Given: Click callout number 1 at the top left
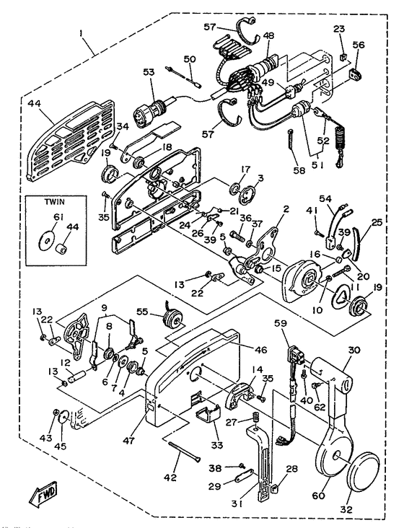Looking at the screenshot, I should pyautogui.click(x=82, y=33).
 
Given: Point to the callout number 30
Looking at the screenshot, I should pyautogui.click(x=353, y=350).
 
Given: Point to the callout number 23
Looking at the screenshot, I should pyautogui.click(x=340, y=30).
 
